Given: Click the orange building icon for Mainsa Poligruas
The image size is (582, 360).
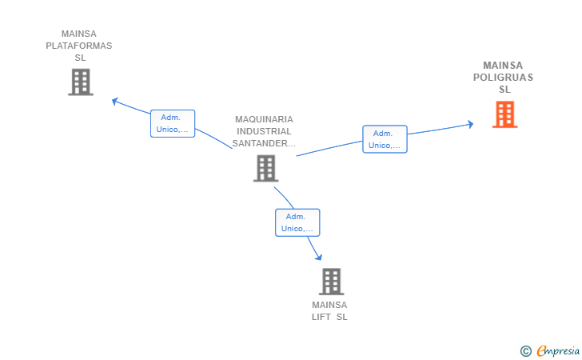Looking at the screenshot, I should pos(504,114).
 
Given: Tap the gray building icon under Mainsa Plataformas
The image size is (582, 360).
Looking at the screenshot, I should pos(80,82).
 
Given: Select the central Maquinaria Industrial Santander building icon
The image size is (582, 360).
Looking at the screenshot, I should pos(265,168).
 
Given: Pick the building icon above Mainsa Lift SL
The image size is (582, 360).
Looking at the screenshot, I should pos(331,282).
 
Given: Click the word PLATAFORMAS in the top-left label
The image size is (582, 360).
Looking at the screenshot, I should pos(79,46).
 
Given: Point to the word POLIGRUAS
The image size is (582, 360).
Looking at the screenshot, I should pos(503,78).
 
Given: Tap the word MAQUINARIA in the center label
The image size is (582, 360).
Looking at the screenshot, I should pos(264,119).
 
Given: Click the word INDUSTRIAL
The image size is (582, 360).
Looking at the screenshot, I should pos(264,131).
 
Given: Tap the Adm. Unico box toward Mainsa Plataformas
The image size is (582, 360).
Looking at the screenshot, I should pos(173,123).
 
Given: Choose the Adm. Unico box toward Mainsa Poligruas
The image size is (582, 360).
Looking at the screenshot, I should pos(385,139).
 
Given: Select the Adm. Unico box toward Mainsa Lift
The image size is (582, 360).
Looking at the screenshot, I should pos(297,222).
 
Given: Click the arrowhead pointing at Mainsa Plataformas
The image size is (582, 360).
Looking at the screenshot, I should pos(115,101).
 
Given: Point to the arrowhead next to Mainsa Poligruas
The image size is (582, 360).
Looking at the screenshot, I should pos(471,124).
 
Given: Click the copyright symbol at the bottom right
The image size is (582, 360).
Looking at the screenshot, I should pos(525,350).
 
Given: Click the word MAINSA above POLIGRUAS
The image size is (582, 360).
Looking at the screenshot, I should pos(503,66).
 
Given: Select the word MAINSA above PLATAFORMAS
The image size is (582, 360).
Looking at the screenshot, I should pos(79,34).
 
